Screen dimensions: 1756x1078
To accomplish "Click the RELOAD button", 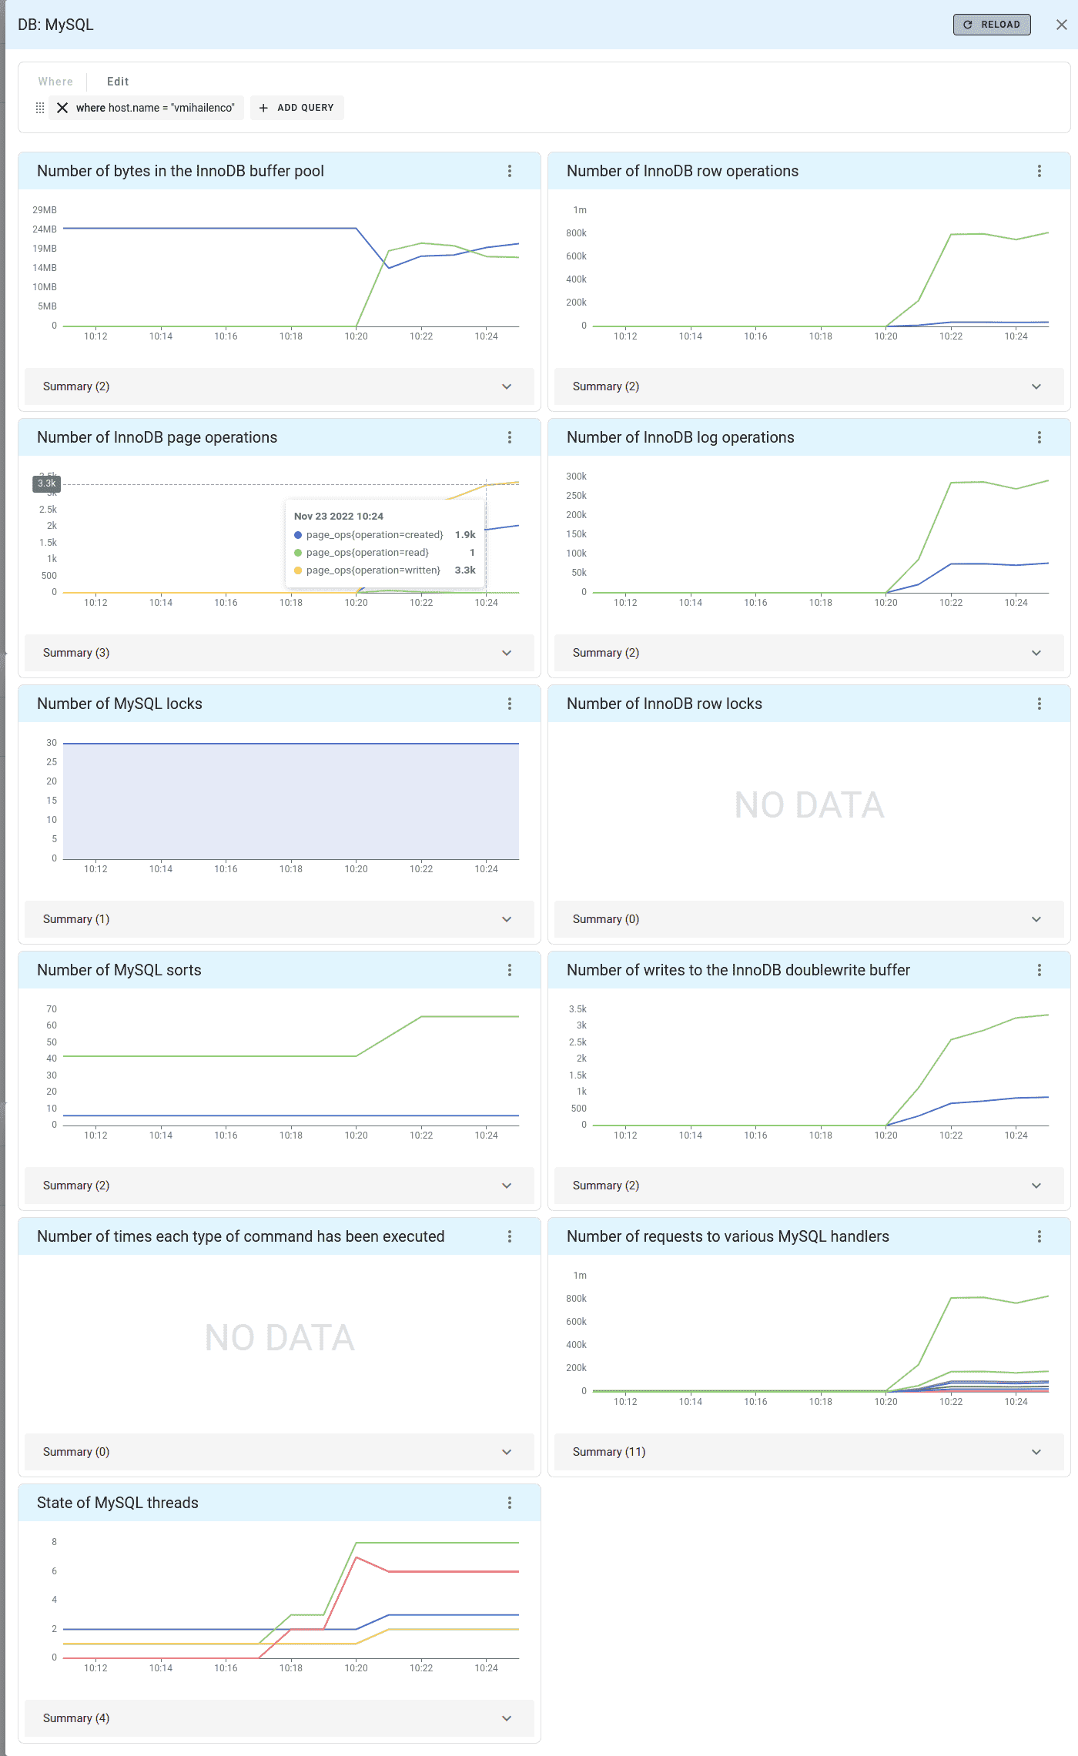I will (992, 25).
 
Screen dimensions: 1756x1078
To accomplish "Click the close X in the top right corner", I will (1062, 25).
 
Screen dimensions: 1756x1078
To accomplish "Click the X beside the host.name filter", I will (62, 108).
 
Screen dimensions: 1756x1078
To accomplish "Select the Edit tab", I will (117, 82).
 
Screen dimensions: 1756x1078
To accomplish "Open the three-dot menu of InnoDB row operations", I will (1039, 171).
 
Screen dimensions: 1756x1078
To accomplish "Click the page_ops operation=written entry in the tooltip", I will (373, 570).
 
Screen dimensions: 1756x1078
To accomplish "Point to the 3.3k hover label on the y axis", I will (46, 483).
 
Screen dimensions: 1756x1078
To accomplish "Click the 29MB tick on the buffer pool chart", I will (45, 210).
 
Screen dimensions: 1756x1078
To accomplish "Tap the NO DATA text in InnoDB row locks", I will (808, 805).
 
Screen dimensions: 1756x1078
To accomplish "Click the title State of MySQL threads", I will (118, 1503).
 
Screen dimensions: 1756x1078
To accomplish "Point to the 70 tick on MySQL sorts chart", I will (52, 1009).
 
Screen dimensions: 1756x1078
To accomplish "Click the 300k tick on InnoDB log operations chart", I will (576, 477).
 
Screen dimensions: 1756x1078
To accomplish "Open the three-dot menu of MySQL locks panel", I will (509, 704).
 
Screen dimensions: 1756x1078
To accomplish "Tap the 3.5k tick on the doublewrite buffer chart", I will (577, 1009).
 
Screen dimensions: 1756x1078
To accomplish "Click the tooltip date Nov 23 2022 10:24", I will (339, 517).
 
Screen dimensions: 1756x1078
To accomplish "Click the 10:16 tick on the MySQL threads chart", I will (226, 1668).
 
